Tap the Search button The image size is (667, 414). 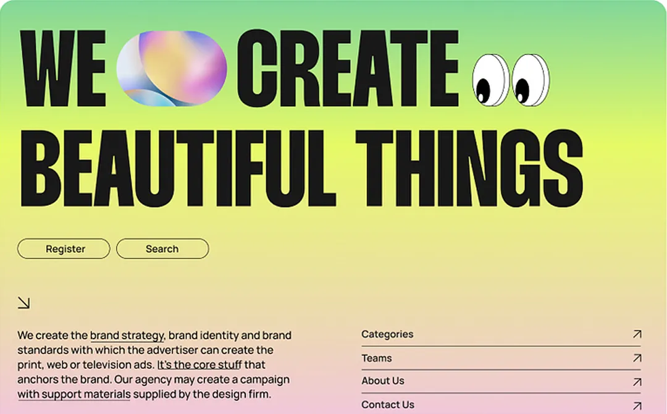[x=162, y=249]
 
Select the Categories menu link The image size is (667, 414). [x=387, y=334]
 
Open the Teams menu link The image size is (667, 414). [x=377, y=358]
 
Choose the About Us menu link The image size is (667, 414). [x=383, y=381]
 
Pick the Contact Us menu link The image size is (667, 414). [x=388, y=405]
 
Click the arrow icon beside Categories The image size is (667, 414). [x=637, y=334]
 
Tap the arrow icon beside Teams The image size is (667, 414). [x=637, y=358]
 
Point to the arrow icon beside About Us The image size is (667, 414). [x=637, y=382]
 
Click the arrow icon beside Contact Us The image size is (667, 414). [x=637, y=405]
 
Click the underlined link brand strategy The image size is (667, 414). [x=127, y=336]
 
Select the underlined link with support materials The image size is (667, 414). [x=73, y=394]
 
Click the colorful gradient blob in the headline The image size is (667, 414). [x=171, y=68]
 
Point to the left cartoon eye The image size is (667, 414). [x=490, y=80]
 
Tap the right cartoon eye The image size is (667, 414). [x=530, y=80]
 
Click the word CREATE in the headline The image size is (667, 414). [x=348, y=68]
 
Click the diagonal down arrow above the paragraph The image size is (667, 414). [x=23, y=302]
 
